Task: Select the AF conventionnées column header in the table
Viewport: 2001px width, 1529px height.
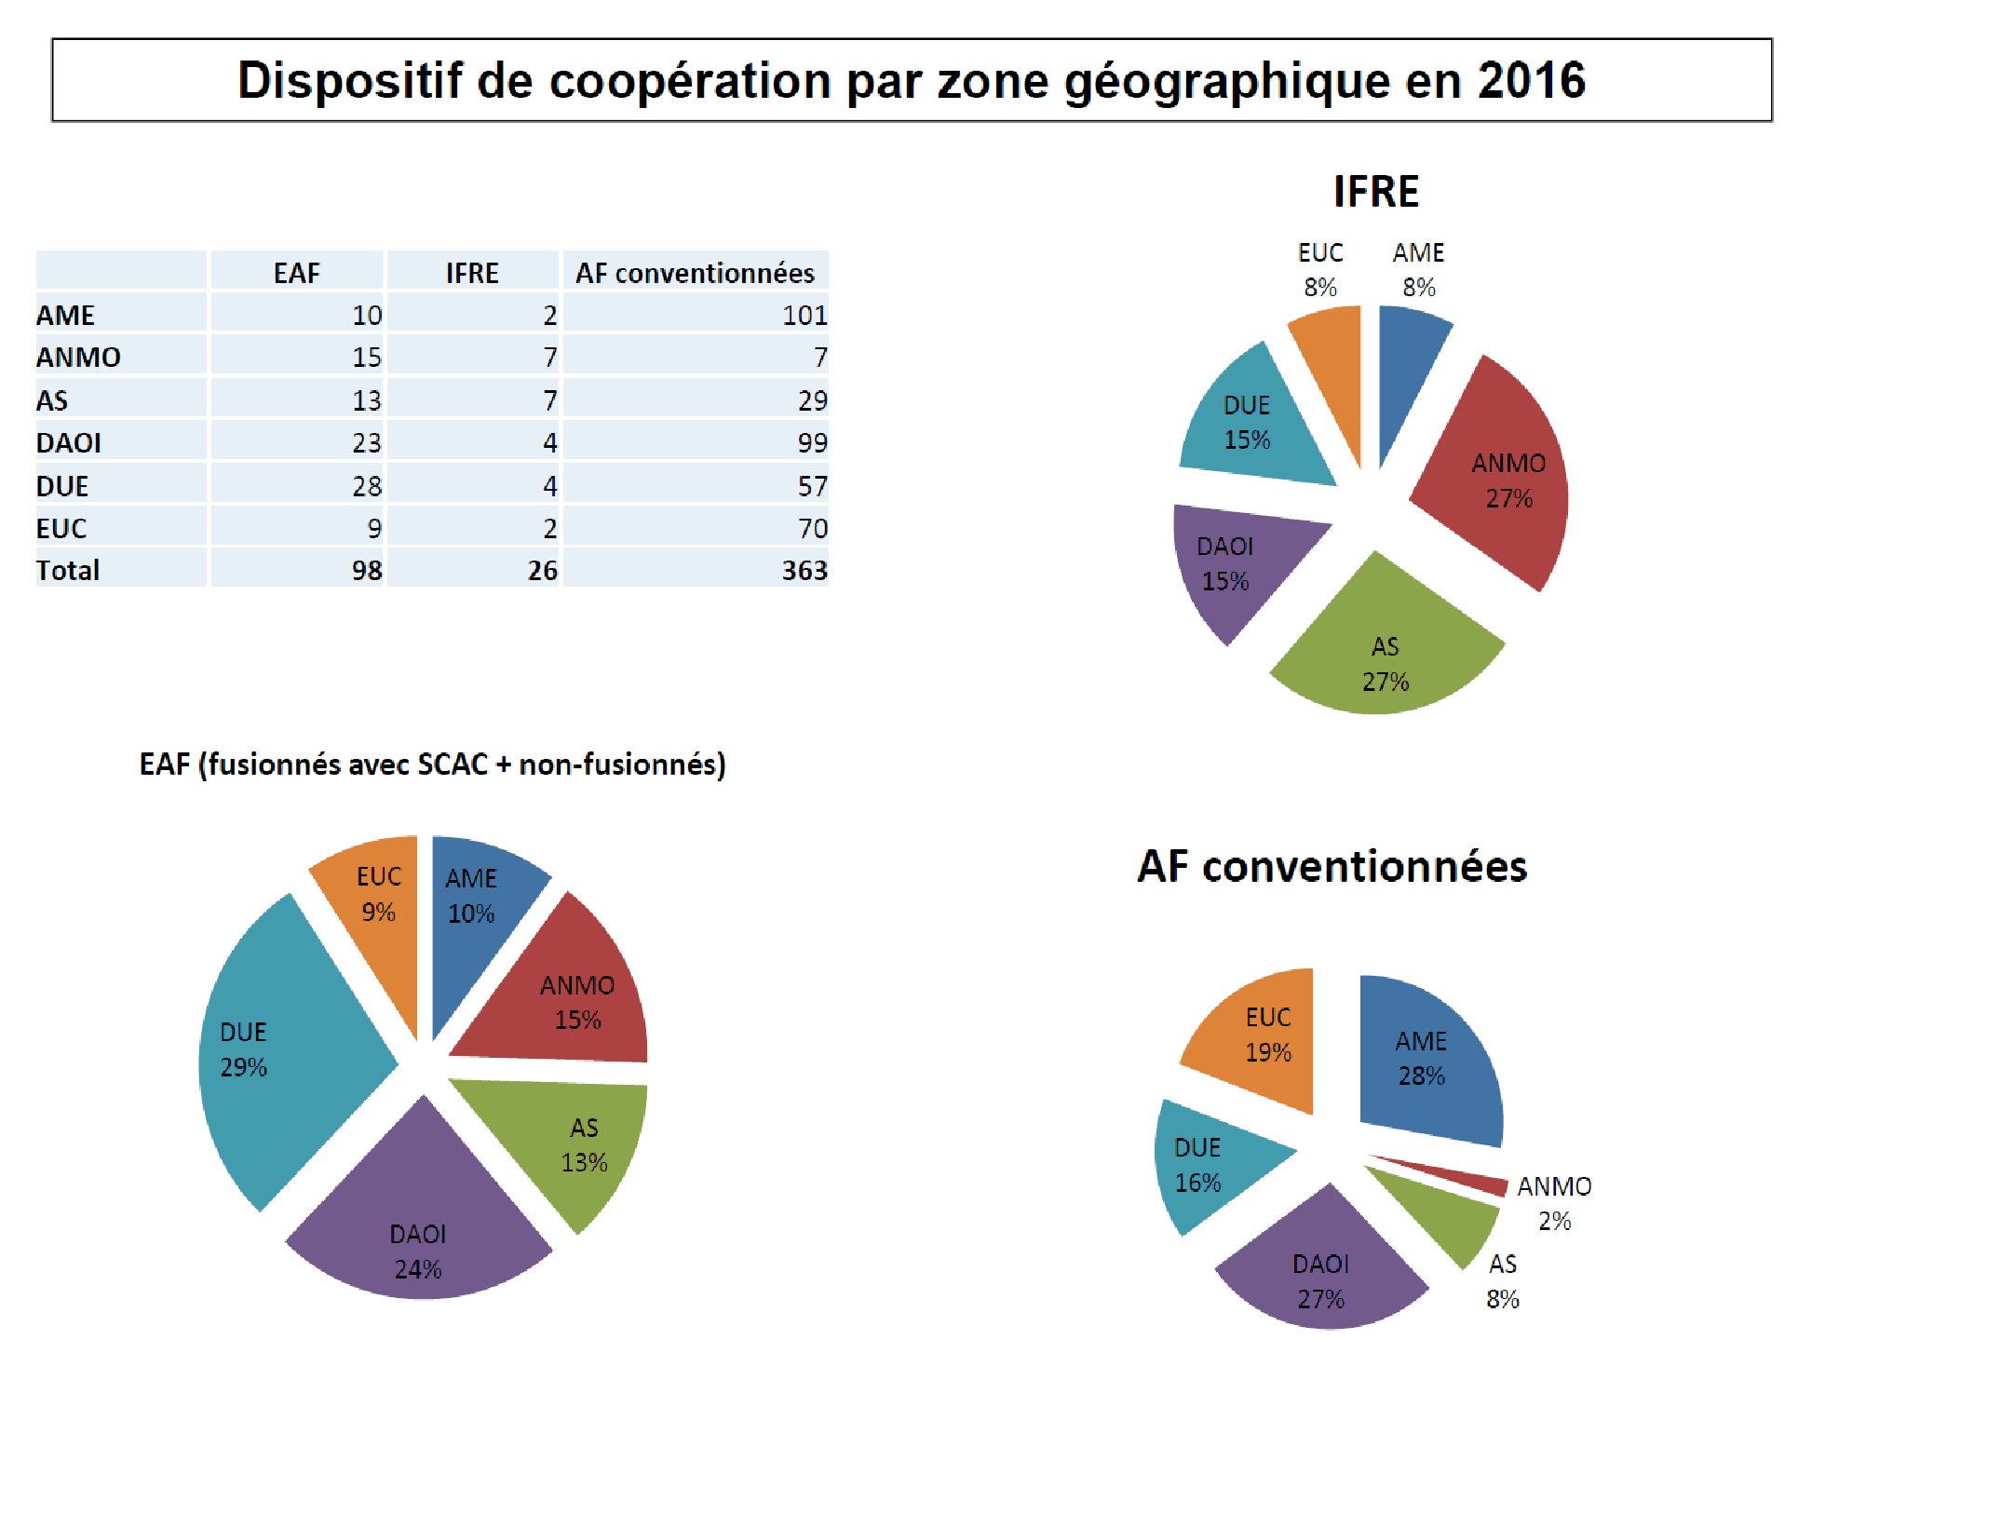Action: [x=695, y=273]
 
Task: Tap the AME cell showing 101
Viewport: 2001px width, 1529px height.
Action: [x=804, y=316]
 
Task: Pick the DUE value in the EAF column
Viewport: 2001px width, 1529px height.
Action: [x=367, y=486]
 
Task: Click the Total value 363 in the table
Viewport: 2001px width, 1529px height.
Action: [x=804, y=570]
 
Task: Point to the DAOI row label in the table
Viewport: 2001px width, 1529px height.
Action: [x=69, y=443]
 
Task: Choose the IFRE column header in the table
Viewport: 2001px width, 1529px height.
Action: [x=472, y=273]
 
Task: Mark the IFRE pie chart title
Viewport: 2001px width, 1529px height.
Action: [x=1375, y=192]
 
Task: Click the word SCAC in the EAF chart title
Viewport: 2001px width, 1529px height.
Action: [x=453, y=764]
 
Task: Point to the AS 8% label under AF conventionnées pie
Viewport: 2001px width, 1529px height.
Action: [x=1502, y=1281]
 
